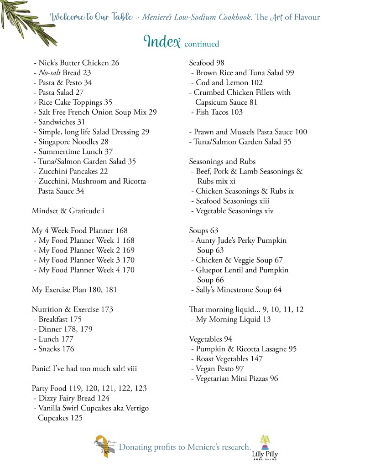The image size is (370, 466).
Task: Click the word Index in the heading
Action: pos(162,41)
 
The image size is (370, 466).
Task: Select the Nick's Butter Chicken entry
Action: pos(76,63)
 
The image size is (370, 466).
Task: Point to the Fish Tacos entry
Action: pos(217,112)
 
